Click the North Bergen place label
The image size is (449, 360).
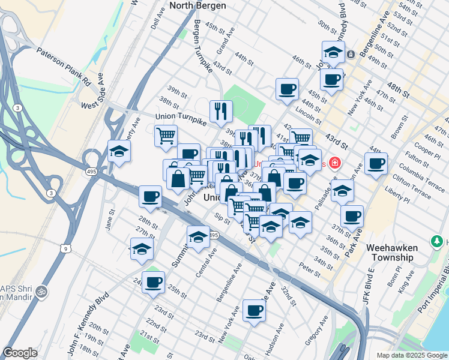click(x=197, y=5)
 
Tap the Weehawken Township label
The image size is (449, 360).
click(x=391, y=253)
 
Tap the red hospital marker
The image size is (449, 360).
click(x=334, y=163)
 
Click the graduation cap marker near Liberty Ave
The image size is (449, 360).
click(x=119, y=151)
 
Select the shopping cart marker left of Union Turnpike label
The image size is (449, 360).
click(x=166, y=135)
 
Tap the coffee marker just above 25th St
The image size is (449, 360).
click(x=153, y=281)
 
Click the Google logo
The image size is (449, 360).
click(x=20, y=353)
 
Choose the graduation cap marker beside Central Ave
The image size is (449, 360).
click(x=198, y=237)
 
